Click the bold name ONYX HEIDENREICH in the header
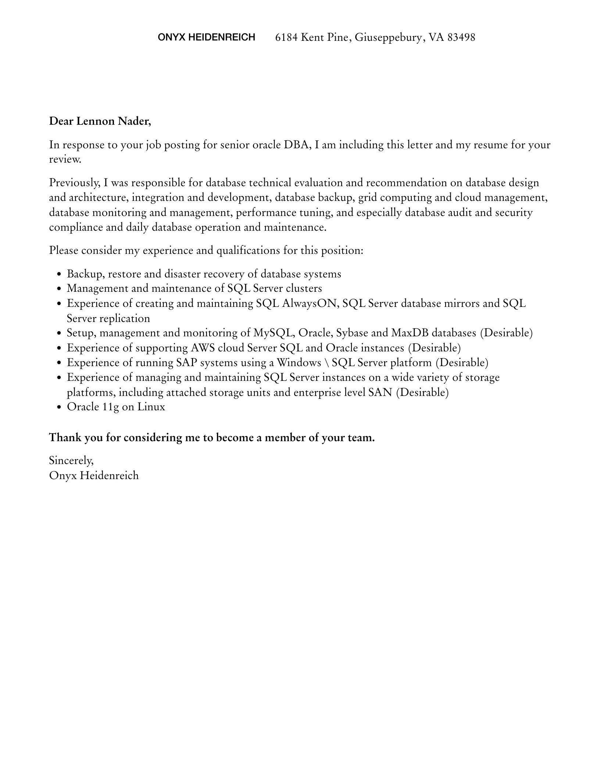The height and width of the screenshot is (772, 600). tap(206, 37)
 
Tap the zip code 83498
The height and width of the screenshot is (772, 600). tap(461, 37)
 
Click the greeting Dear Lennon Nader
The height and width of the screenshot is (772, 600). tap(100, 121)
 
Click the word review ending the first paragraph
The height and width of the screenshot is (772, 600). tap(65, 160)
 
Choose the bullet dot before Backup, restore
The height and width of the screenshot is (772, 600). tap(59, 275)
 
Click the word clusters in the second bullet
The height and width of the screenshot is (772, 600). tap(304, 288)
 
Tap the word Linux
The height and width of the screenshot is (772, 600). tap(151, 407)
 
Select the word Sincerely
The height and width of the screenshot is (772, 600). tap(71, 461)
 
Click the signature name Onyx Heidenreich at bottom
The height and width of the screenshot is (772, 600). tap(94, 475)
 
